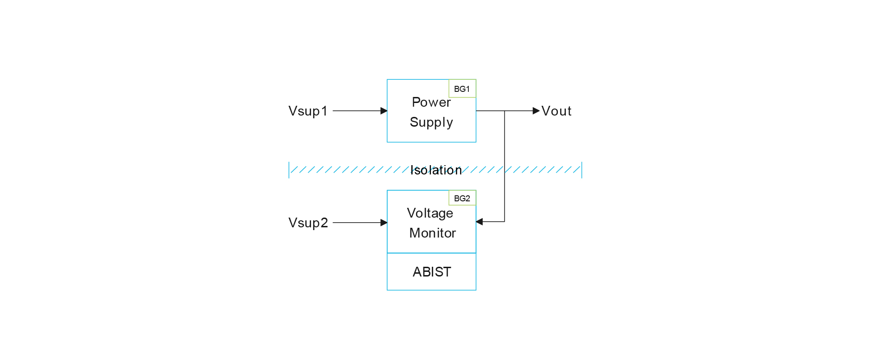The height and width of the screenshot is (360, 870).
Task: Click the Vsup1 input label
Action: [x=308, y=111]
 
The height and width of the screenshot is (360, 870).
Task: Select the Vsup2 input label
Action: [x=308, y=223]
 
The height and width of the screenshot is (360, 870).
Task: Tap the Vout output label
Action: [x=557, y=111]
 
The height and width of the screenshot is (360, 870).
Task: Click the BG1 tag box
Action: [x=462, y=89]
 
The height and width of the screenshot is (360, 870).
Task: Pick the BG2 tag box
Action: [x=462, y=198]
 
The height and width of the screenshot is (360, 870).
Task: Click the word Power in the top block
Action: [x=431, y=102]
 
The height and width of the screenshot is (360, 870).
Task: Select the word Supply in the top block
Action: [x=431, y=122]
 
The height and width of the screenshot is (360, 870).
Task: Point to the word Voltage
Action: [x=430, y=213]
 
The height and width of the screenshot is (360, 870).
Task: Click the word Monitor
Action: [x=432, y=233]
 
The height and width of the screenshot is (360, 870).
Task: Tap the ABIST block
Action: [x=431, y=272]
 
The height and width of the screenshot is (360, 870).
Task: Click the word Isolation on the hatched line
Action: [x=436, y=170]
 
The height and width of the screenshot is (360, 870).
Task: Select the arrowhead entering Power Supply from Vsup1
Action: [x=384, y=111]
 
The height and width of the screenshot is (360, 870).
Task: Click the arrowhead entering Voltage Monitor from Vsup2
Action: [x=384, y=223]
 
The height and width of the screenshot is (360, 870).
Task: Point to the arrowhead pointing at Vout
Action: [x=536, y=111]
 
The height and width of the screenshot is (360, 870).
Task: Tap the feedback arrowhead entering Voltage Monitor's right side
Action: [x=480, y=222]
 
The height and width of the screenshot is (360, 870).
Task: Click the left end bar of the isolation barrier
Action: [x=289, y=170]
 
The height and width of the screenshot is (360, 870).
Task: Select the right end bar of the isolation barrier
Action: [x=582, y=170]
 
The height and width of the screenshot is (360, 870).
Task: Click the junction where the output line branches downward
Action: [x=505, y=111]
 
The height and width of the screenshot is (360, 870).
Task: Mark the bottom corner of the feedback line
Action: [x=505, y=222]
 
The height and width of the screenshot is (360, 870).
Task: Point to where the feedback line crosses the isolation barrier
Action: [x=505, y=170]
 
